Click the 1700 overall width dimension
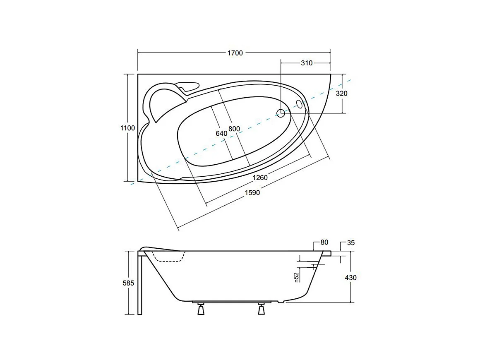pyautogui.click(x=235, y=53)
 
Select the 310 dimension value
pyautogui.click(x=306, y=63)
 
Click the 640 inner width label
pyautogui.click(x=221, y=133)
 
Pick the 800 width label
pyautogui.click(x=234, y=129)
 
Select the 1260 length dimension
pyautogui.click(x=261, y=178)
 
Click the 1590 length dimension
pyautogui.click(x=252, y=192)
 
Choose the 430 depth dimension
pyautogui.click(x=350, y=277)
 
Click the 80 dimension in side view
pyautogui.click(x=324, y=242)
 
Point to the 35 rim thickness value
pyautogui.click(x=351, y=242)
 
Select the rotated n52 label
pyautogui.click(x=297, y=277)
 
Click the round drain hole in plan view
pyautogui.click(x=281, y=112)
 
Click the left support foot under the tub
pyautogui.click(x=201, y=309)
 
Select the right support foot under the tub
pyautogui.click(x=262, y=309)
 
